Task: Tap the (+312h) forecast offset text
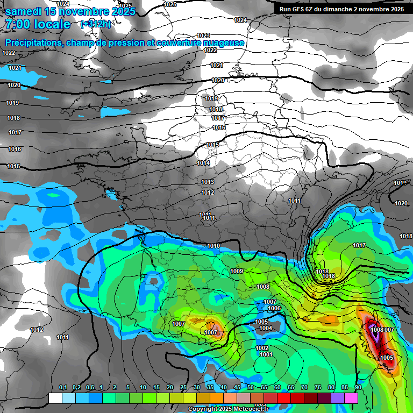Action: coord(95,24)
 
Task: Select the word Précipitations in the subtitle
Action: coord(33,43)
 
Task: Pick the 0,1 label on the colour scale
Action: coord(62,387)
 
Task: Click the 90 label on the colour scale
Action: coord(358,387)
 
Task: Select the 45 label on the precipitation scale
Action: coord(237,387)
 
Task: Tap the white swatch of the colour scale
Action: coord(55,398)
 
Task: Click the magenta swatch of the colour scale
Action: coord(351,398)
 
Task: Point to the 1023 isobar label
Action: coord(203,35)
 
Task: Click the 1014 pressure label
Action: coord(203,163)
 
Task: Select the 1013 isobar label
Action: coord(208,182)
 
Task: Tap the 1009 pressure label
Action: coord(237,271)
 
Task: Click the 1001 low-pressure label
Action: coord(266,354)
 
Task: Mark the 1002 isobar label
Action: coord(262,348)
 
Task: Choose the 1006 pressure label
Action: coord(274,308)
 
